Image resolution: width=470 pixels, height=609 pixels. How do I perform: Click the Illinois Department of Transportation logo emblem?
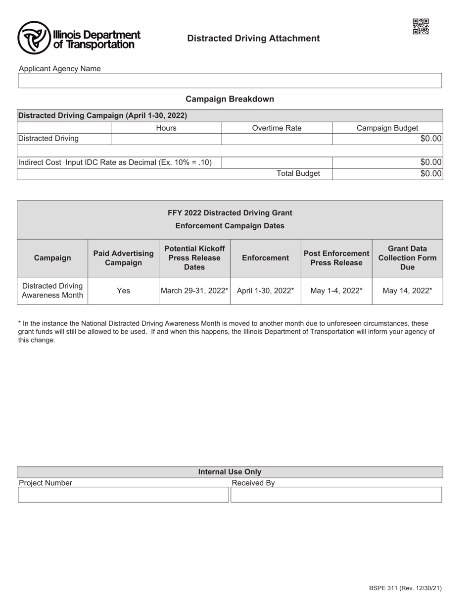click(x=34, y=38)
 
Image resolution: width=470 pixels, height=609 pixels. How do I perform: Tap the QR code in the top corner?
click(x=421, y=26)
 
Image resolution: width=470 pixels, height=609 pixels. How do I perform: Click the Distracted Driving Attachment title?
click(x=253, y=38)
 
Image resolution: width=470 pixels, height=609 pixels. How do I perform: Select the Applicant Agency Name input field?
click(x=230, y=81)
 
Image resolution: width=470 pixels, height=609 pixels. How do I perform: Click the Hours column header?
click(x=166, y=128)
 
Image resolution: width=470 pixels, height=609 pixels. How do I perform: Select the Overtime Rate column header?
click(x=277, y=128)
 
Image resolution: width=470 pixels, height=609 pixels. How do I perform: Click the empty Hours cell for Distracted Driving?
click(x=166, y=139)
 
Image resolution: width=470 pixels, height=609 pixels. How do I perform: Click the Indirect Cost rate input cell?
click(x=277, y=162)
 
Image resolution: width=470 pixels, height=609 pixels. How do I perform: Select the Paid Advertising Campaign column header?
click(x=123, y=258)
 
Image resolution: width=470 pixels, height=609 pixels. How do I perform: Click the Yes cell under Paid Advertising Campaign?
click(x=123, y=291)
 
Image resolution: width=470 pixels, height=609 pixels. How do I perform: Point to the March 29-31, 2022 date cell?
click(x=194, y=291)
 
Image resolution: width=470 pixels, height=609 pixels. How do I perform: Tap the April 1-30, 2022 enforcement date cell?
click(x=265, y=291)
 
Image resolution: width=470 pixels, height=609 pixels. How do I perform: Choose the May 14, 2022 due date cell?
click(x=407, y=291)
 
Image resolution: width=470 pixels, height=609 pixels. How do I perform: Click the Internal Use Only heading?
click(x=230, y=472)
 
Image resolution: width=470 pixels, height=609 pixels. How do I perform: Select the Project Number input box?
click(x=123, y=495)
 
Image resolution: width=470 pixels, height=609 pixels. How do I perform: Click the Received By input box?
click(x=336, y=495)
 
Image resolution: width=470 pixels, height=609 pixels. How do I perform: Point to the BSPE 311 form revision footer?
click(x=405, y=588)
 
